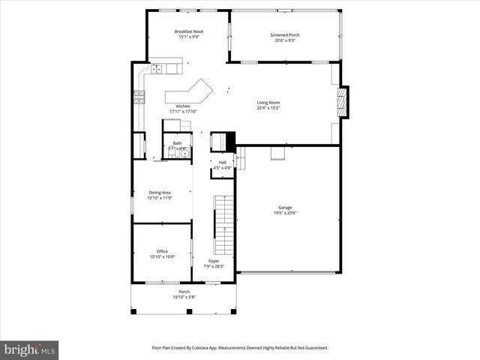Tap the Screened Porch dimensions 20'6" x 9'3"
[283, 40]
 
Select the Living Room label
[268, 102]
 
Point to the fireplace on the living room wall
[343, 103]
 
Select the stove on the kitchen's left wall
[139, 95]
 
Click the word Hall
[223, 162]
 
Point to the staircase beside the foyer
[224, 224]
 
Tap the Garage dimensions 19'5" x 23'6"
[285, 213]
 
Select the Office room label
[162, 251]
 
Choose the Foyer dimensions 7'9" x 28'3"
[214, 266]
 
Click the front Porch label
[184, 292]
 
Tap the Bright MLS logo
[30, 349]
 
